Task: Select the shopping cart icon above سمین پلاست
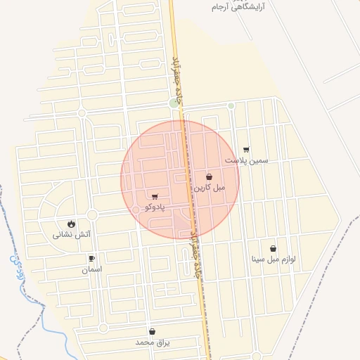click(x=246, y=150)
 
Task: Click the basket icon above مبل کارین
click(x=210, y=177)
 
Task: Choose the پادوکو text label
click(x=155, y=207)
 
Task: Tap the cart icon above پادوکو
click(x=155, y=197)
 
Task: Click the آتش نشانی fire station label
click(x=72, y=234)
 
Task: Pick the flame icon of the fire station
click(x=72, y=224)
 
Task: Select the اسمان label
click(x=91, y=269)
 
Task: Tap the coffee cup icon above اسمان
click(x=91, y=259)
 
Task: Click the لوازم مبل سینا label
click(x=273, y=259)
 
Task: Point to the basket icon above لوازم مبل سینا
click(x=273, y=248)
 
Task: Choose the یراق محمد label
click(x=153, y=342)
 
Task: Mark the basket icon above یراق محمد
click(x=152, y=331)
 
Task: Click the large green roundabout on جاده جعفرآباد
click(x=174, y=103)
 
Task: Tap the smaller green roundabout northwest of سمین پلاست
click(x=231, y=106)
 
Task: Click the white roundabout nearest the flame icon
click(x=92, y=214)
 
